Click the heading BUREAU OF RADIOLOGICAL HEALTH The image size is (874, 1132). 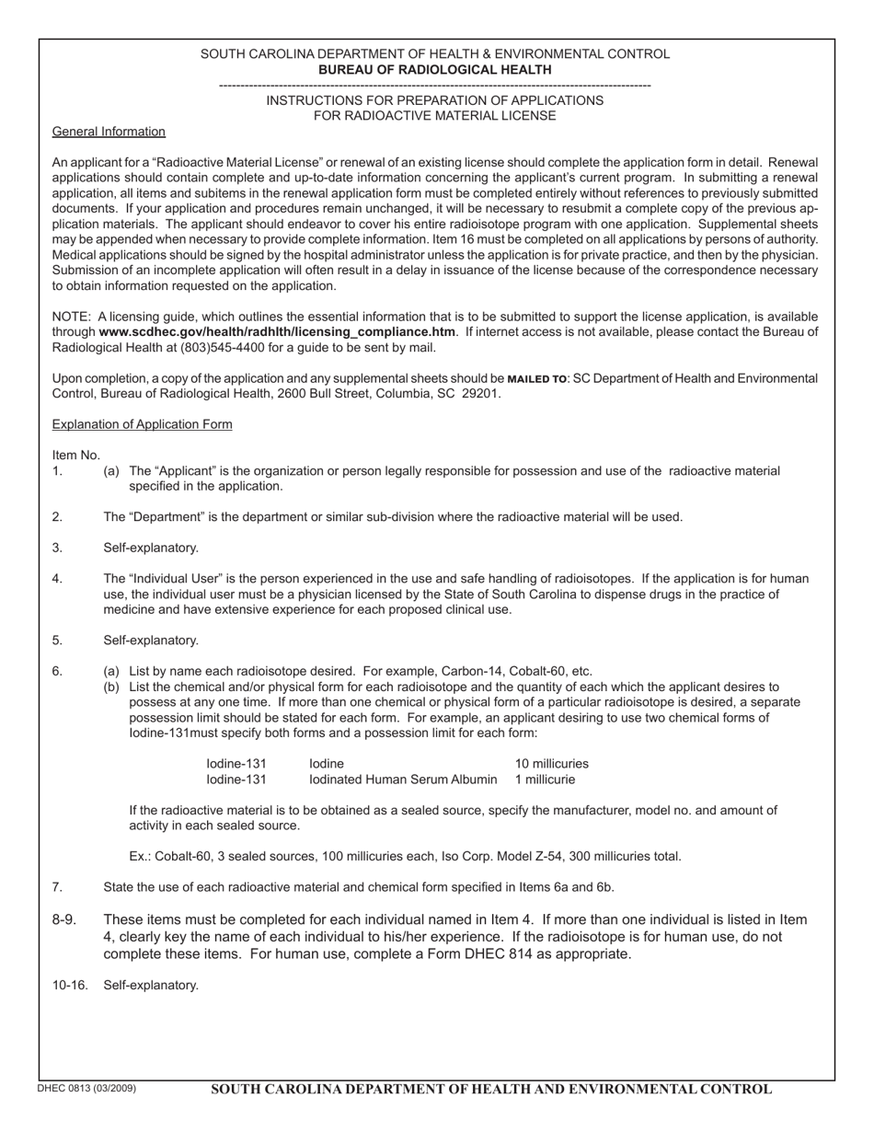[x=435, y=70]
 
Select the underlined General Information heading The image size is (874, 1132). [x=109, y=132]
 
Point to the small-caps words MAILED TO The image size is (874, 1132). [x=537, y=379]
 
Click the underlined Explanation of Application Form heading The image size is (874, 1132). [x=142, y=424]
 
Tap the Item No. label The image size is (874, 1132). [x=76, y=456]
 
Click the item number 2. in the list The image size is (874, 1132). [x=58, y=517]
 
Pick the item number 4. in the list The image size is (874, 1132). [x=58, y=579]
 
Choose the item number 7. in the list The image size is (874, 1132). [x=58, y=887]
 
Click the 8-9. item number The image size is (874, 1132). [x=65, y=919]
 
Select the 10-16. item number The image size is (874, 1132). [x=71, y=985]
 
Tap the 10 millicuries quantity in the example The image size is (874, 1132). [x=551, y=764]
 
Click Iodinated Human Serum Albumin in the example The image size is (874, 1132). [x=403, y=780]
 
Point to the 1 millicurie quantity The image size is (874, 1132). [x=545, y=780]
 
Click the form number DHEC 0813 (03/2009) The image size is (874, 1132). [x=86, y=1089]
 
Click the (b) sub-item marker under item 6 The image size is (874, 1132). [x=111, y=687]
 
